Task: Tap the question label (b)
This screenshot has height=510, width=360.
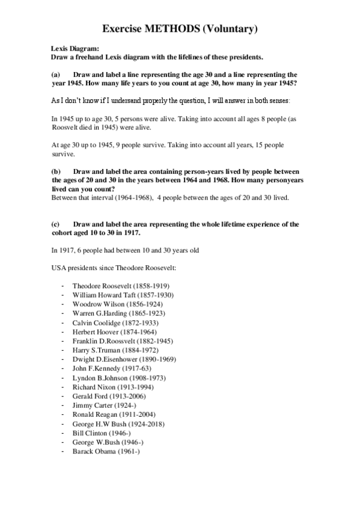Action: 57,171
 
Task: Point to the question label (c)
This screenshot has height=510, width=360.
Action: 57,224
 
